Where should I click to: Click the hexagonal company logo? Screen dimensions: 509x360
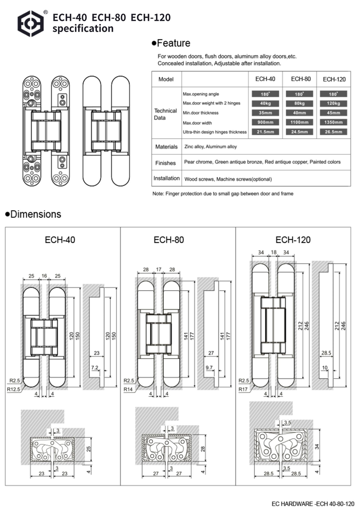(32, 23)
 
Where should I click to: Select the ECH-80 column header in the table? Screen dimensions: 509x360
(301, 79)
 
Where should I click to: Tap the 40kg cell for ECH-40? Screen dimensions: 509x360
(265, 103)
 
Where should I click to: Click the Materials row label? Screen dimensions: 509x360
(166, 147)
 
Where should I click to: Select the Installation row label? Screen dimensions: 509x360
(166, 178)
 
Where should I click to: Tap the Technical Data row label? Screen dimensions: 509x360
(166, 114)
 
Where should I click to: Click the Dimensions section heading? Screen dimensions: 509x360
(33, 214)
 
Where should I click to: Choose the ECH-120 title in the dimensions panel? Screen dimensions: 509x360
(293, 239)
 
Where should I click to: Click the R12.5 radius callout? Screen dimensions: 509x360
(13, 389)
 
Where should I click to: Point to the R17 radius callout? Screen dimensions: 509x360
(243, 389)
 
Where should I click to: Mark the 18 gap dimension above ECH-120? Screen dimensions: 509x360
(274, 253)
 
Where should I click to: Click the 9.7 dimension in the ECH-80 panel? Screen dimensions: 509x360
(209, 368)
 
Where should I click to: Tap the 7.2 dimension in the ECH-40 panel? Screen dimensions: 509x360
(94, 368)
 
